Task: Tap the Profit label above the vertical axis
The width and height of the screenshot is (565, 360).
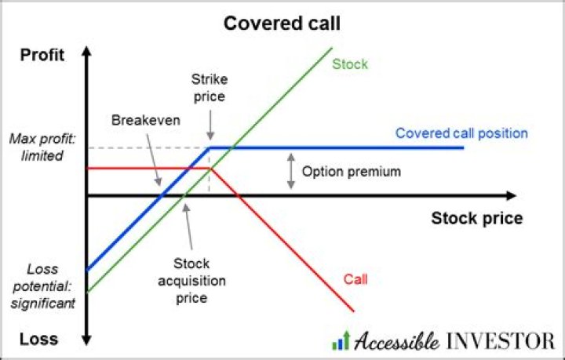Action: (41, 56)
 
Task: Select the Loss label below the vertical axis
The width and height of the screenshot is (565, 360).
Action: (39, 340)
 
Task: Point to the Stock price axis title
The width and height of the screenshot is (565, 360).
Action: (476, 218)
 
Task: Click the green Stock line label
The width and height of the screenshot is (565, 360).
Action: (349, 64)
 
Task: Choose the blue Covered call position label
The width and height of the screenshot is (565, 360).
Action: (461, 133)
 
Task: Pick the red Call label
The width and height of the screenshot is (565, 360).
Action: (355, 278)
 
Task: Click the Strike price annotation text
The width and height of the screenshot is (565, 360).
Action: (208, 88)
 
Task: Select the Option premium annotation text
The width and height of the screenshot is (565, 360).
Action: (351, 171)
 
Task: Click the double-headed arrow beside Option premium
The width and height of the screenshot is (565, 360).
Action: (290, 170)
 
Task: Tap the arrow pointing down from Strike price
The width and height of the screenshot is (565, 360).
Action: (210, 122)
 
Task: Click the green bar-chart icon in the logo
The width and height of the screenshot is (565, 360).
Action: (340, 340)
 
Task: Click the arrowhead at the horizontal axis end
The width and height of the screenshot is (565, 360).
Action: (511, 195)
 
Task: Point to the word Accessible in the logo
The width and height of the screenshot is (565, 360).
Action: (398, 341)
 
